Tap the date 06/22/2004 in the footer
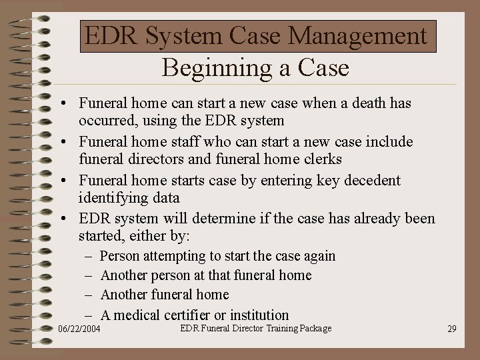pos(79,329)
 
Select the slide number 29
pos(452,329)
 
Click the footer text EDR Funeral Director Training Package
pos(255,328)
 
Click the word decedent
pos(372,180)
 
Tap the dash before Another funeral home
pos(89,295)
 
